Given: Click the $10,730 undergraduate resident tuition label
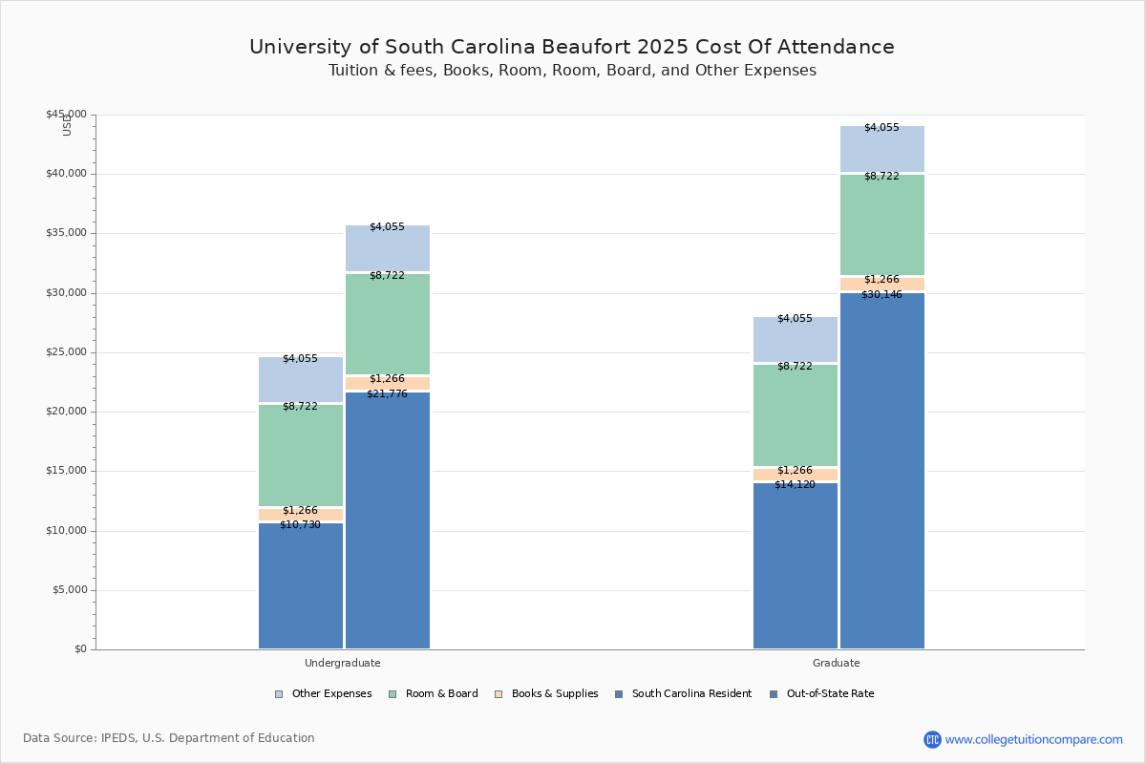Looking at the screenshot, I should [300, 525].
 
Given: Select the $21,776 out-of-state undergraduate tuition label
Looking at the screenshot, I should [387, 393].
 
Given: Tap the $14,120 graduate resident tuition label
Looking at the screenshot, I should [795, 485].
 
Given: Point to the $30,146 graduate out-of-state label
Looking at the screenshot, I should [881, 294].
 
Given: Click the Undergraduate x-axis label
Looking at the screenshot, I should [343, 663].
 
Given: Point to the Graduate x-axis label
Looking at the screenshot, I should [837, 663].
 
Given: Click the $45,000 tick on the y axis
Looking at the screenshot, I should [66, 115].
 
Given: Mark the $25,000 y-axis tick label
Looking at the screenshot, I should [66, 352].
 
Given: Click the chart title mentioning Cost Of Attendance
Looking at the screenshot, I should [572, 47].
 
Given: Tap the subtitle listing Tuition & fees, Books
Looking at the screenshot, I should [572, 71].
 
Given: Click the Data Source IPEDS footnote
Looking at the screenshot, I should [169, 738].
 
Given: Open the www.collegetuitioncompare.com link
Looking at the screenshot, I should [1033, 739].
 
